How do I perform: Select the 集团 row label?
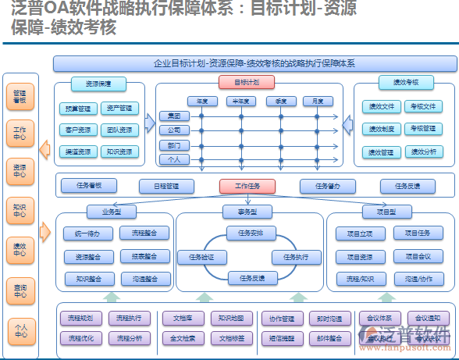tap(173, 116)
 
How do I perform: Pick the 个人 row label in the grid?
tap(173, 159)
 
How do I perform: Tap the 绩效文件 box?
tap(381, 106)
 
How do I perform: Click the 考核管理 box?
tap(424, 128)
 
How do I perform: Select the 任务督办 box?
tap(328, 186)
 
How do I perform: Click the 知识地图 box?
tap(231, 318)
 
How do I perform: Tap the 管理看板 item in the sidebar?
tap(20, 97)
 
